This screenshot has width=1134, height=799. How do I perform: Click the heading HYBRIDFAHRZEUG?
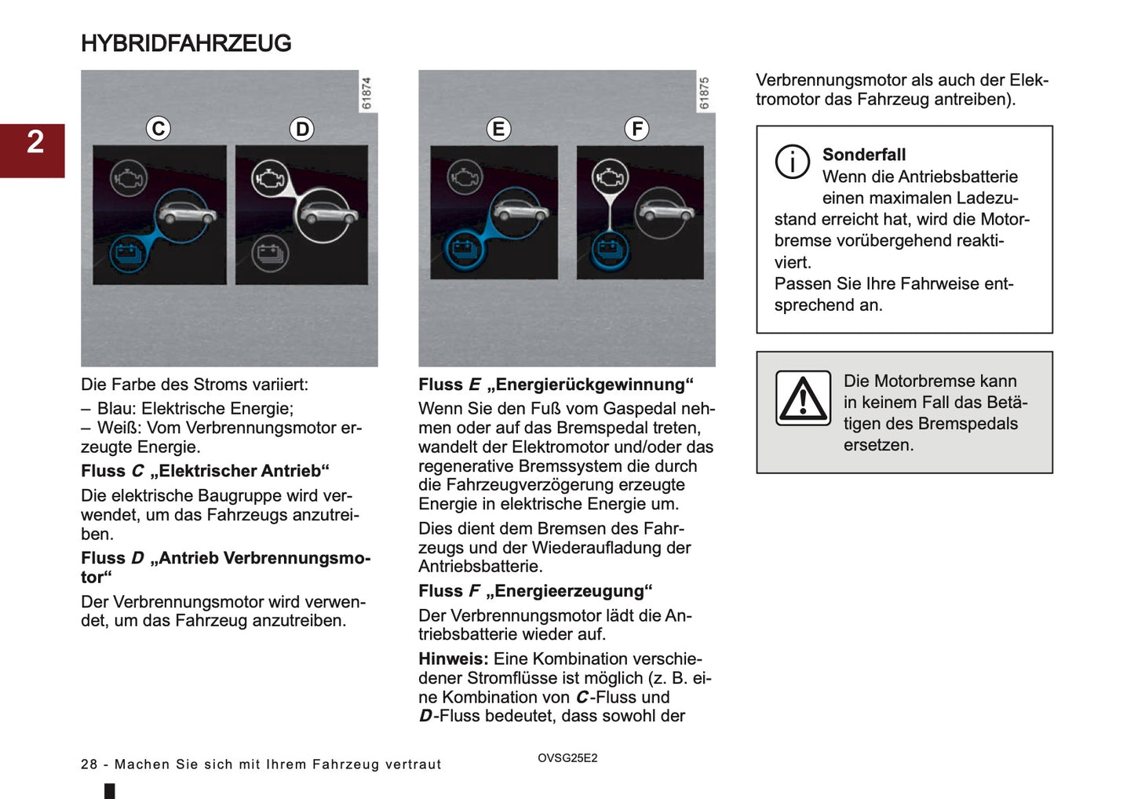coord(186,43)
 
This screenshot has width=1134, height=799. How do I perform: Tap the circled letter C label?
coord(159,128)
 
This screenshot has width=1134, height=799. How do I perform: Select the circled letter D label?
coord(302,129)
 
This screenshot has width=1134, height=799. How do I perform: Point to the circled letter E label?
coord(498,129)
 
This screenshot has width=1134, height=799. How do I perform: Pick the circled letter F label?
coord(636,129)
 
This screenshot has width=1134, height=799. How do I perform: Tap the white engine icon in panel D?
coord(270,179)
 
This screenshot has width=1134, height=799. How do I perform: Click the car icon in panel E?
coord(522,211)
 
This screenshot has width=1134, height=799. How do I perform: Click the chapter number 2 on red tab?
coord(35,142)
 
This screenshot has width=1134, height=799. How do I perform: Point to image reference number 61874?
coord(366,93)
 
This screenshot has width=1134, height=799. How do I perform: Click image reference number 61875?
coord(704,93)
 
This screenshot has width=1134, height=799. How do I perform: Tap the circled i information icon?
coord(793,162)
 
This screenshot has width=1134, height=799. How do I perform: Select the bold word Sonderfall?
coord(863,155)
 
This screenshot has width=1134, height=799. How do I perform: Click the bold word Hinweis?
coord(453,659)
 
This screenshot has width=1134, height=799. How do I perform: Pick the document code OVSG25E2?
coord(567,758)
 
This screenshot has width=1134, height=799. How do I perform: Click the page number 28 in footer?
coord(89,764)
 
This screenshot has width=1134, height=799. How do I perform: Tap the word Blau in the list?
coord(115,408)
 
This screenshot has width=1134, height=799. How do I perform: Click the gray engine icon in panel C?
coord(128,179)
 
